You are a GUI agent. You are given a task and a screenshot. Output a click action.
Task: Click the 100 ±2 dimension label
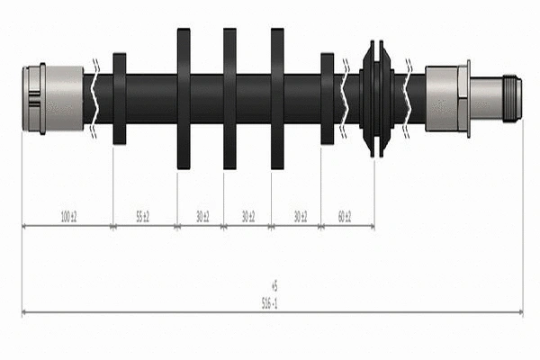pyautogui.click(x=68, y=217)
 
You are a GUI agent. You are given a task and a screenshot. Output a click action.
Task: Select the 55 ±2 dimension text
pyautogui.click(x=142, y=217)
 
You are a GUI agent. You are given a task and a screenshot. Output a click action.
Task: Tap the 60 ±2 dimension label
pyautogui.click(x=345, y=217)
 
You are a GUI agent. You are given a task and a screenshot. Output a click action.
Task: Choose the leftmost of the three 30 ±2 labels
pyautogui.click(x=202, y=217)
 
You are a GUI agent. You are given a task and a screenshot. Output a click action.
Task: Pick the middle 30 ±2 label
pyautogui.click(x=248, y=217)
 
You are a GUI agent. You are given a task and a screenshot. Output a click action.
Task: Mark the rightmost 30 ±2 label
pyautogui.click(x=299, y=217)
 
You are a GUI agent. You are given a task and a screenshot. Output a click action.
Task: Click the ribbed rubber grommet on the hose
pyautogui.click(x=376, y=97)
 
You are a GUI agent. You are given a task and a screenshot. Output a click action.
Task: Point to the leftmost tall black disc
pyautogui.click(x=184, y=97)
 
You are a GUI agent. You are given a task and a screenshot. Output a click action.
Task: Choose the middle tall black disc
pyautogui.click(x=229, y=97)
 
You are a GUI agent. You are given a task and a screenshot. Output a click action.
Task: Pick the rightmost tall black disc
pyautogui.click(x=277, y=97)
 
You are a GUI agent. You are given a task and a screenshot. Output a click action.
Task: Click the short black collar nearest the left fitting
pyautogui.click(x=119, y=97)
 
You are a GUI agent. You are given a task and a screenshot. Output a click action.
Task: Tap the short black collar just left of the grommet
pyautogui.click(x=327, y=97)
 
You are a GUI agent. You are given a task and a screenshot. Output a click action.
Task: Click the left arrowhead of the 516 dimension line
pyautogui.click(x=24, y=313)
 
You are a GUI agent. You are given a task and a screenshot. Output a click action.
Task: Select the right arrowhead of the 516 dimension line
pyautogui.click(x=519, y=313)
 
